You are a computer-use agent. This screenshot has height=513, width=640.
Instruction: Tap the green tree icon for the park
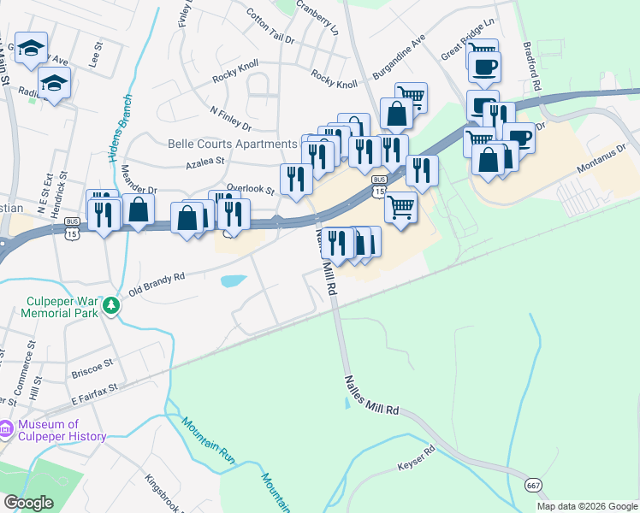pyautogui.click(x=110, y=305)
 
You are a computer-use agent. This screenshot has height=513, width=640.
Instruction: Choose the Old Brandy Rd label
pyautogui.click(x=157, y=284)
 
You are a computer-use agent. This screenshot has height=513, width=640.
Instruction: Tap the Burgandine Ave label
pyautogui.click(x=399, y=56)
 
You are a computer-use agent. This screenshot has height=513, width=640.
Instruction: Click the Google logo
pyautogui.click(x=28, y=503)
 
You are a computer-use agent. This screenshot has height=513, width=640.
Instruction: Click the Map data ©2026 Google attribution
pyautogui.click(x=587, y=506)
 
